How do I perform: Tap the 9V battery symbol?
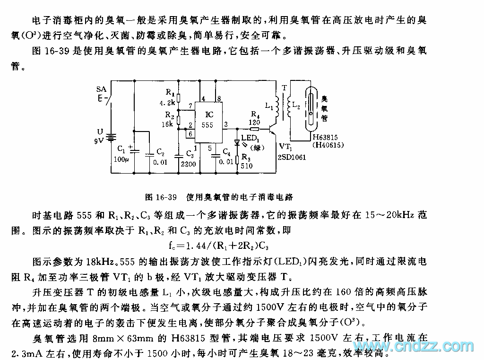111,137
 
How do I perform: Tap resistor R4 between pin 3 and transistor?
254,128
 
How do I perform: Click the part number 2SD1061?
292,157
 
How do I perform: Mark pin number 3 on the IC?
225,124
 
